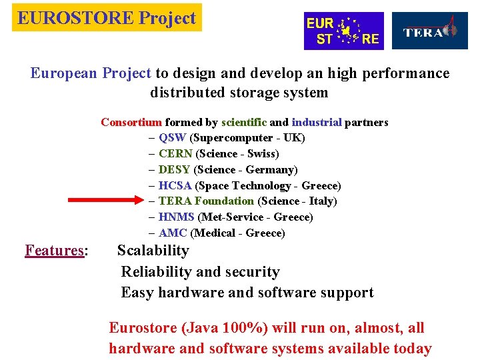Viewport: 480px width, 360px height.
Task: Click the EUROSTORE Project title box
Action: pos(107,18)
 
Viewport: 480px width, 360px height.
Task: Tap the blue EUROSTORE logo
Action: pos(343,31)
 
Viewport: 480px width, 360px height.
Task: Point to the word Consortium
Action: pos(131,122)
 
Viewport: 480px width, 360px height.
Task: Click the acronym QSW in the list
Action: pos(173,138)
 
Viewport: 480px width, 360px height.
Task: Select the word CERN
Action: pos(175,154)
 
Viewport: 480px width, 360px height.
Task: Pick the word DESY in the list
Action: pos(175,170)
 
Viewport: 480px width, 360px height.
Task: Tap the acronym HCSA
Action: pos(175,185)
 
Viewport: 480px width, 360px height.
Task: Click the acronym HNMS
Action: pos(177,217)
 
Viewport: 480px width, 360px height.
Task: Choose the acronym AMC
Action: pos(173,233)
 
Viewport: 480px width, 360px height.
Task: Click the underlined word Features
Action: pos(54,251)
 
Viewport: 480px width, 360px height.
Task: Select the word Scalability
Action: pos(153,251)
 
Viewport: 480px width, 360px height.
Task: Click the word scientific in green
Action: pos(244,122)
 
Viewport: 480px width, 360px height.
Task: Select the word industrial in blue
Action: pos(317,122)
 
